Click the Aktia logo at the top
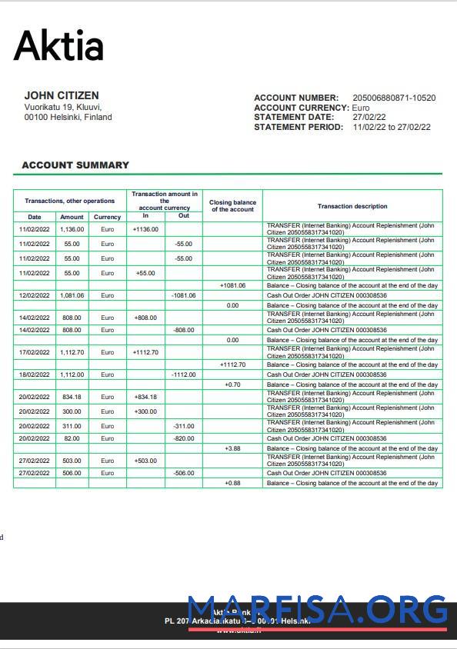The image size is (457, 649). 58,45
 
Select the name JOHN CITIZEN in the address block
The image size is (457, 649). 62,96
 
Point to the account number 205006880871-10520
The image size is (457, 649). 394,98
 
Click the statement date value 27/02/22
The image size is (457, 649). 369,118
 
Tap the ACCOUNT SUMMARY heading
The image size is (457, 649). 75,165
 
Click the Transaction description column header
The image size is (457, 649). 352,206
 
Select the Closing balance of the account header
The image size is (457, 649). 232,206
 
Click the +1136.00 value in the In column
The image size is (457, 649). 145,229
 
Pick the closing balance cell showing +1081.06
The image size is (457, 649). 232,285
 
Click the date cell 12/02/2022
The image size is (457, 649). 34,295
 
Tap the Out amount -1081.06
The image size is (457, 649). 183,295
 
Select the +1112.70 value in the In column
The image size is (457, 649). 145,352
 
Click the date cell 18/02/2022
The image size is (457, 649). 34,374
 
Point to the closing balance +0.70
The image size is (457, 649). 232,384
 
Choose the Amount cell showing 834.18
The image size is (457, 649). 72,397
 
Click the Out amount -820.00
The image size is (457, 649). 183,438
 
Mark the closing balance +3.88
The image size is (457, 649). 232,448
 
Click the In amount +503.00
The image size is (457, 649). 145,461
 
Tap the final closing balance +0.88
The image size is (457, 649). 232,483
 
